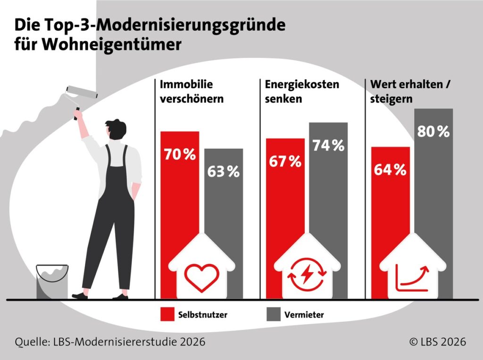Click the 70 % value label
(x=180, y=154)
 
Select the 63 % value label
(x=224, y=172)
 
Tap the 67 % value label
(x=285, y=161)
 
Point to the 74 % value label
(x=328, y=146)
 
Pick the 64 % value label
(x=390, y=170)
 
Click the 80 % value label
(x=433, y=132)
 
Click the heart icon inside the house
(x=201, y=277)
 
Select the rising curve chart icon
(x=412, y=277)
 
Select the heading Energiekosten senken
(x=295, y=92)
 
